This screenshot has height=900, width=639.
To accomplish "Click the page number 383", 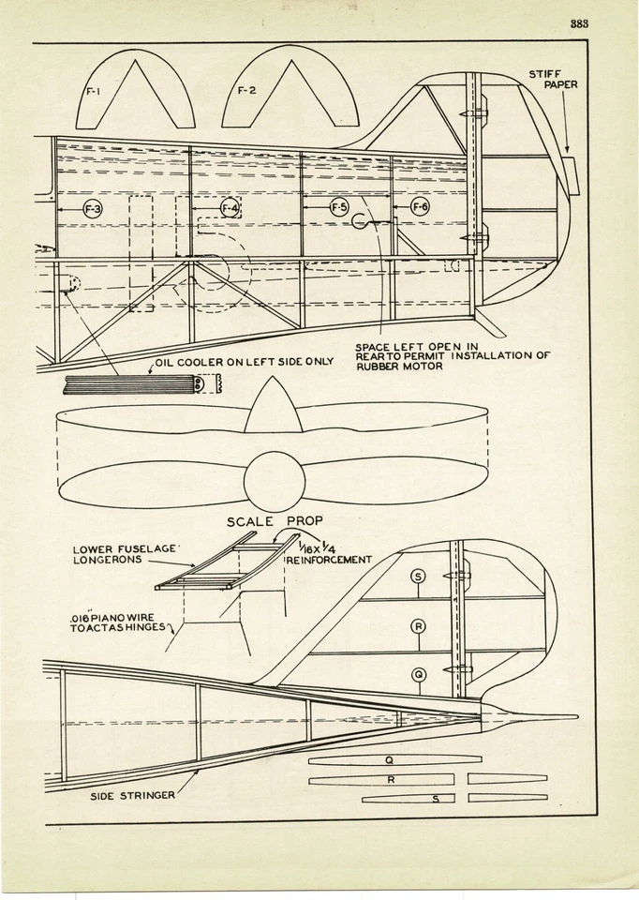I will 579,24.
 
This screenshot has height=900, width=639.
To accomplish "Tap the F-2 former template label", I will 245,91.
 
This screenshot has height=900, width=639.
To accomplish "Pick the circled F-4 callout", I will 230,207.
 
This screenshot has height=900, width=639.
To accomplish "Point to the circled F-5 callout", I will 339,207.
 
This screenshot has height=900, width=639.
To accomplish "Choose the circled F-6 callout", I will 420,207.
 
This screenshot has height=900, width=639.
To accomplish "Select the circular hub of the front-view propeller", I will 274,481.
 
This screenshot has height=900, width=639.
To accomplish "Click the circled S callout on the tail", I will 418,577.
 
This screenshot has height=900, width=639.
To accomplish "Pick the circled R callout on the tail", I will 418,625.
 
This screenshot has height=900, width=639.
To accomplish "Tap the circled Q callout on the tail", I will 418,674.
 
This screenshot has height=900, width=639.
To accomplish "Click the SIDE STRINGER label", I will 132,797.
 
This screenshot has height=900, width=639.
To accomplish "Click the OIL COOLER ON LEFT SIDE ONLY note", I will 244,361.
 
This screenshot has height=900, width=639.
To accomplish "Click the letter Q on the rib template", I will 389,760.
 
